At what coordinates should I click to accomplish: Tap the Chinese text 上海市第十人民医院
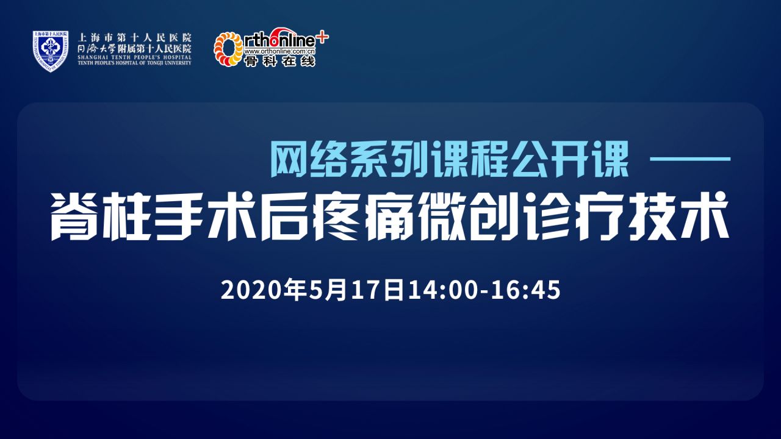click(135, 38)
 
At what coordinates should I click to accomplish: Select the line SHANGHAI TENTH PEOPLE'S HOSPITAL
click(135, 57)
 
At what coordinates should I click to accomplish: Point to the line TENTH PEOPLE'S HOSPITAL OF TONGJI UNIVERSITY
click(135, 63)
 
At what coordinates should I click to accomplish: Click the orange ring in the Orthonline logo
click(228, 49)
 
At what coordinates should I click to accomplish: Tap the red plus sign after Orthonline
click(322, 37)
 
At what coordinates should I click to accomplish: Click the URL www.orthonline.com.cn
click(280, 51)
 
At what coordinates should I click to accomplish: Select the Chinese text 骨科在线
click(280, 62)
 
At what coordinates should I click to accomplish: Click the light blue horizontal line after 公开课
click(690, 159)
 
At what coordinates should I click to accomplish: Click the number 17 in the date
click(365, 290)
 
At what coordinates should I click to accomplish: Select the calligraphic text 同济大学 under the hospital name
click(96, 48)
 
